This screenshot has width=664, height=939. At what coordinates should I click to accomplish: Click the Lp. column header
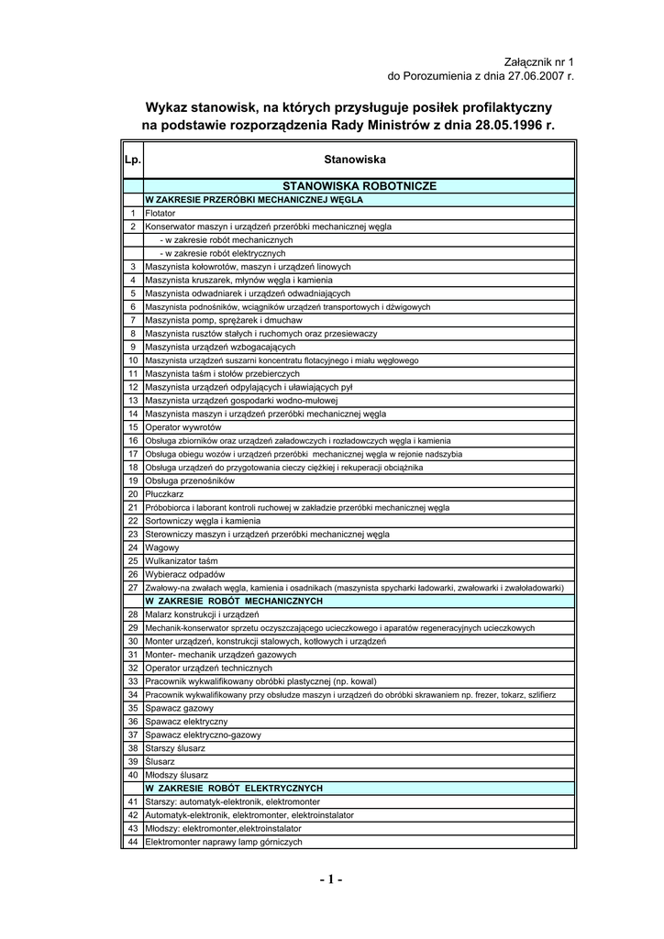[132, 160]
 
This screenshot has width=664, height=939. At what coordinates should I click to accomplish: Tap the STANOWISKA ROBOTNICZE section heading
[360, 185]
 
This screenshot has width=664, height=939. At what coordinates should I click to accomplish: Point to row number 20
[132, 493]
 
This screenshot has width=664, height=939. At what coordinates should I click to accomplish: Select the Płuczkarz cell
[166, 493]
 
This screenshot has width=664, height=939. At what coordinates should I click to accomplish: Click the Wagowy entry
[162, 547]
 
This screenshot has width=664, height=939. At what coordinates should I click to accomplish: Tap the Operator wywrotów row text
[183, 427]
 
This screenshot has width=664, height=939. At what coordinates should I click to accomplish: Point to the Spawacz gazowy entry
[180, 708]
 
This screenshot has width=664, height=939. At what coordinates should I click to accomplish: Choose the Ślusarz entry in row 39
[160, 761]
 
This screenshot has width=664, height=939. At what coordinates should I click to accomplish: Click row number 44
[132, 842]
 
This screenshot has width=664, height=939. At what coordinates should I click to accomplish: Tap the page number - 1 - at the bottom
[331, 880]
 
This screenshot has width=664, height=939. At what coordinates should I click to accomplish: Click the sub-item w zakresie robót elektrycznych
[223, 253]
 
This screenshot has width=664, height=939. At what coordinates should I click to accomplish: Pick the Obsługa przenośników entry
[191, 481]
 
